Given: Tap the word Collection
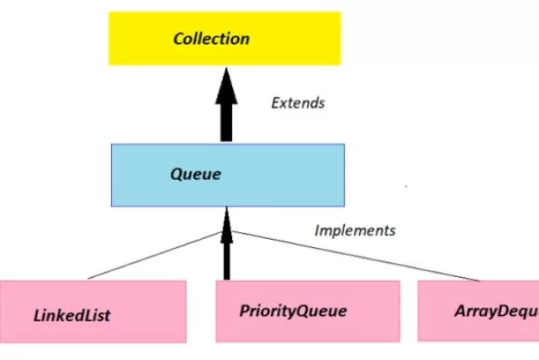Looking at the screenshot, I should coord(211,38).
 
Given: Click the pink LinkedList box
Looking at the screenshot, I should coord(93,310).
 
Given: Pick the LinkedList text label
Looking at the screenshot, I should coord(72,315).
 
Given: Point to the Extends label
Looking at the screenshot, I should coord(298,104).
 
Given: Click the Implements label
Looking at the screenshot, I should coord(355,230).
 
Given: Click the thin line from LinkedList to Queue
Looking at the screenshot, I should coord(158,255).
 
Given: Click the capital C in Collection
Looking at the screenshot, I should coord(177,38).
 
